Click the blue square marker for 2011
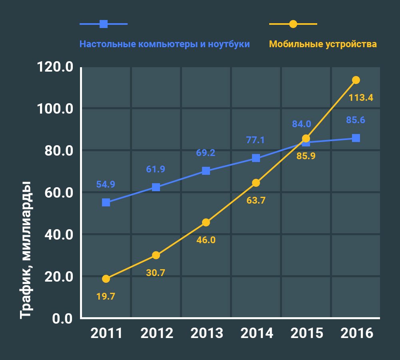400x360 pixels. point(106,202)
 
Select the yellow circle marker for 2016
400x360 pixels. point(356,80)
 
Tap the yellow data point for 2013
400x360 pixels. point(206,222)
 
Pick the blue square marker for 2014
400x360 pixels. point(256,158)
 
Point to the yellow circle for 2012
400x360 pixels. point(156,255)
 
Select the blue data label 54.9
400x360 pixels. point(106,185)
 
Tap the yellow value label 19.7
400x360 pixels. point(106,296)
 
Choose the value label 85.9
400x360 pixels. point(306,156)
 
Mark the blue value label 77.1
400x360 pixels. point(256,140)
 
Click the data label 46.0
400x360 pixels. point(206,240)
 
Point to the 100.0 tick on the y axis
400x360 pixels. point(55,109)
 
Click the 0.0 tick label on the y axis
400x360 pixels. point(62,319)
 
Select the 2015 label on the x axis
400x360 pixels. point(306,333)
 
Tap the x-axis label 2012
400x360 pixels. point(156,333)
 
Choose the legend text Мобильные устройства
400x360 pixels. point(323,44)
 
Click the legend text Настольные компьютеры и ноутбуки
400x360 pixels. point(164,44)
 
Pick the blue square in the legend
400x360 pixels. point(104,24)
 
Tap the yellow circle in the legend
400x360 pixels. point(293,24)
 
